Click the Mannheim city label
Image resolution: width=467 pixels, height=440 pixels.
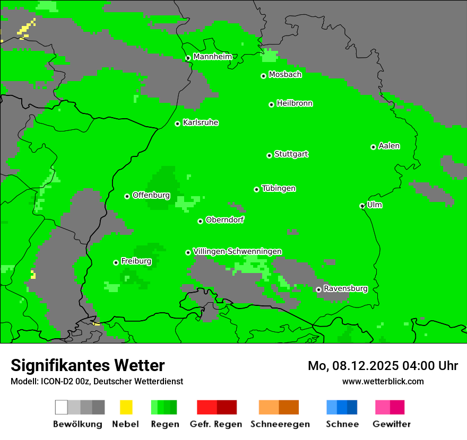(212, 56)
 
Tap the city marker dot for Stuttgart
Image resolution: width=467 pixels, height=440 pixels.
(269, 155)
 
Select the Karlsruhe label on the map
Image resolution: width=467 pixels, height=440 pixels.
(201, 122)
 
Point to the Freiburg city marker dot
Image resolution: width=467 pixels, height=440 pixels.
(116, 262)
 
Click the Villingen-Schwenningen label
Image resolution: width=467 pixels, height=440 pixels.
(237, 251)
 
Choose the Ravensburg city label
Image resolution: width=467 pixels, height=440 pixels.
(345, 288)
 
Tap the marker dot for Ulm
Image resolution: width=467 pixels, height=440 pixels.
(362, 206)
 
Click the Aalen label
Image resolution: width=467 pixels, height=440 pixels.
(389, 146)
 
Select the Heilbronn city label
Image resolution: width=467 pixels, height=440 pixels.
(295, 103)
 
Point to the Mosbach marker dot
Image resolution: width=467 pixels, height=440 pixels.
(263, 76)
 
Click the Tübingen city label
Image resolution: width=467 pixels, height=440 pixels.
(279, 188)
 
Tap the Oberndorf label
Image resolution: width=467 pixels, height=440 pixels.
(224, 219)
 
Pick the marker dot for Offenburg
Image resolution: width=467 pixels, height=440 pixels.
(127, 196)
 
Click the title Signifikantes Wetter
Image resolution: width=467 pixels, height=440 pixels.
(88, 365)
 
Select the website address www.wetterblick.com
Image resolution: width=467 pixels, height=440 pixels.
(383, 381)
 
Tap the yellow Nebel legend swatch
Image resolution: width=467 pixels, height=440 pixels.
(126, 407)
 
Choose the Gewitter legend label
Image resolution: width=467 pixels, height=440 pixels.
(392, 424)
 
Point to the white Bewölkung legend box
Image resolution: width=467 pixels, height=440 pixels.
(62, 407)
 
